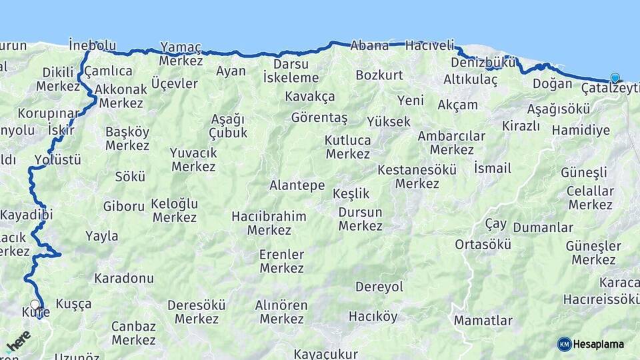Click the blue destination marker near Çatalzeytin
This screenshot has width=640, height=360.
point(614,78)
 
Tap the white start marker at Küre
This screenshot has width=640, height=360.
point(35,305)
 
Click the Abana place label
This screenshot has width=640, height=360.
point(369,45)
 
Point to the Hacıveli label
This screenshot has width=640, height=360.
point(429,45)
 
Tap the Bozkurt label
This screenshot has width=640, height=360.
point(379,75)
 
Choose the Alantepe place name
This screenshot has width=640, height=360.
point(297,185)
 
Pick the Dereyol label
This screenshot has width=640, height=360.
point(379,287)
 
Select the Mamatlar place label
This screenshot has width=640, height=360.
point(483,321)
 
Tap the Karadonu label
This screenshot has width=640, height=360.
point(124,278)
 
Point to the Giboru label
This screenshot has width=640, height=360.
point(123,207)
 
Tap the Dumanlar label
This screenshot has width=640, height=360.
point(543,228)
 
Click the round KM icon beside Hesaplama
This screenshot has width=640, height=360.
point(564,344)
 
